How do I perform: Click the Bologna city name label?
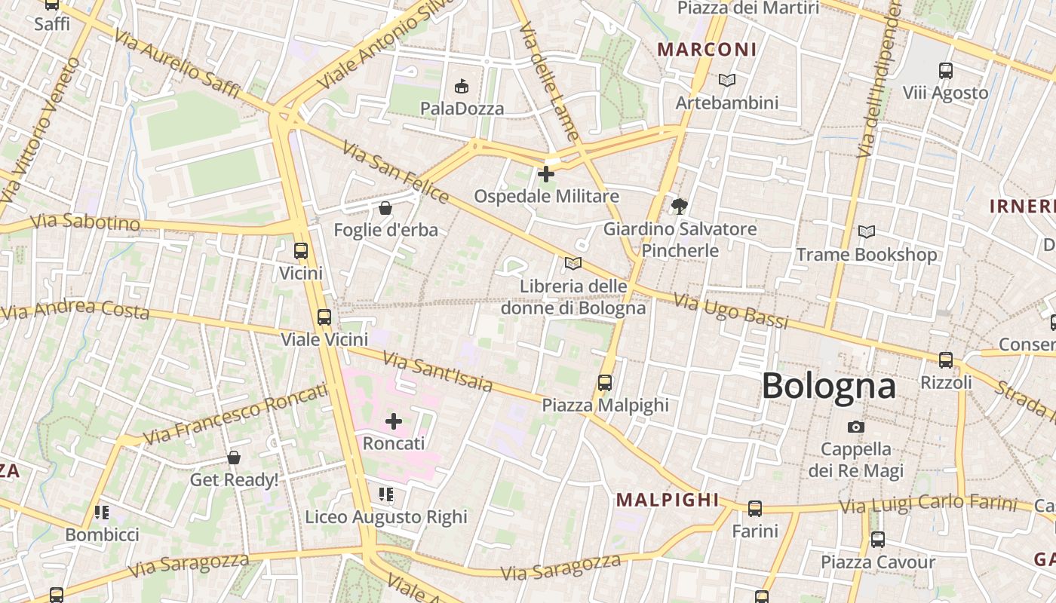828,386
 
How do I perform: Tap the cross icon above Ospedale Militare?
545,174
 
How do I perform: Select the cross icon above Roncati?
394,421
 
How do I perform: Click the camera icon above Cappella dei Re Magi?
855,427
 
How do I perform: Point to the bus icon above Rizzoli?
946,360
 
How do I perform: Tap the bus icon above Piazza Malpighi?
605,382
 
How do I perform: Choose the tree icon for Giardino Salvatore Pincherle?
680,206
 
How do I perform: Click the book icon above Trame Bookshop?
867,232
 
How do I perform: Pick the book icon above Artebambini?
726,80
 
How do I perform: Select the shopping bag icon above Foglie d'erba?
385,207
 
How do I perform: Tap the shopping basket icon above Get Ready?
234,458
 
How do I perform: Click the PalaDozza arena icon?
462,86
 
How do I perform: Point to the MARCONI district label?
707,50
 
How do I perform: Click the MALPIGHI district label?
668,500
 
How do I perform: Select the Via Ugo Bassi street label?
730,311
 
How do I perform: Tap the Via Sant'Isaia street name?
437,372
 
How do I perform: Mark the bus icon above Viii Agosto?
946,71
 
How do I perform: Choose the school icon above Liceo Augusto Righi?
386,494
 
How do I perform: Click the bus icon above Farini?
755,509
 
